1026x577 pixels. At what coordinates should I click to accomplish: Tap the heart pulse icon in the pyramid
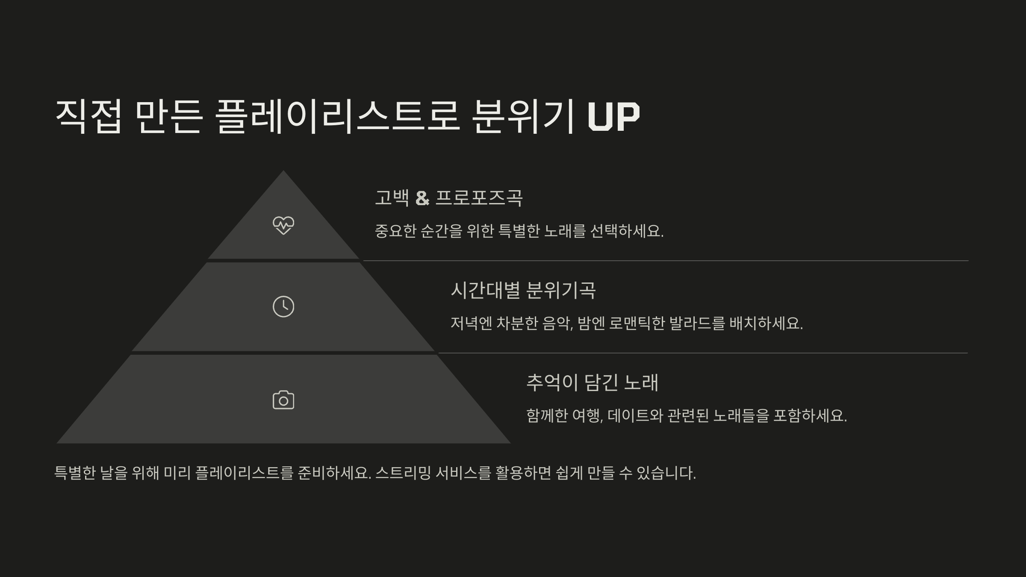point(283,225)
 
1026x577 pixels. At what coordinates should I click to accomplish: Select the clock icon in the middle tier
point(283,306)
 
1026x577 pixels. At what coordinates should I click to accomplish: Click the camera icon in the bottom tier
point(283,400)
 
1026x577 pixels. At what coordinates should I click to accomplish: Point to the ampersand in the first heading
point(422,198)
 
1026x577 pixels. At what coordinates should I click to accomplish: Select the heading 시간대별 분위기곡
point(523,290)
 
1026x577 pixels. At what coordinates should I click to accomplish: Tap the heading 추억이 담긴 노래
point(592,382)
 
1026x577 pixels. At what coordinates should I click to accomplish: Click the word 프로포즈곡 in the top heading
point(479,198)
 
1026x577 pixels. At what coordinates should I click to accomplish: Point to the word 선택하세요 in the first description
point(626,231)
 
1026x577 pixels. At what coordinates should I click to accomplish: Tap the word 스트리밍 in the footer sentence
point(403,473)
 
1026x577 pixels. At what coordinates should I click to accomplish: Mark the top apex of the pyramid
point(283,172)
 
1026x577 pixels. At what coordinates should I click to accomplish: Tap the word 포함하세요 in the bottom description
point(810,415)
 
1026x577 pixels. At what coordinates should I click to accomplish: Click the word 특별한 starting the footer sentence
point(75,473)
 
